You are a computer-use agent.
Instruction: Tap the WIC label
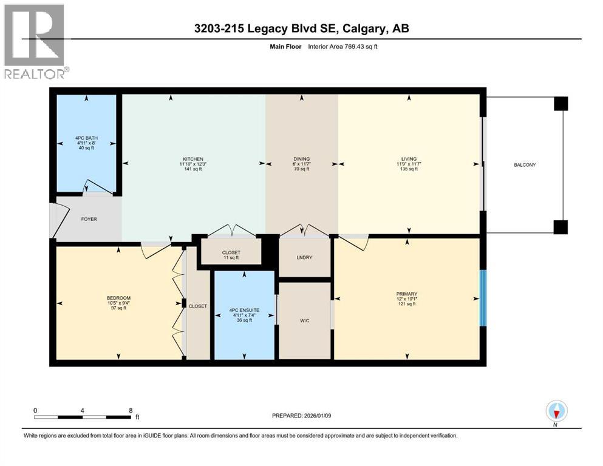(305, 320)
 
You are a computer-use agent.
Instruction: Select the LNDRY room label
(304, 257)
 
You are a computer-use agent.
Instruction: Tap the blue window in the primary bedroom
(483, 299)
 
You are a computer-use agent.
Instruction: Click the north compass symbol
(556, 411)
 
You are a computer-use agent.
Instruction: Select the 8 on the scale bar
(131, 410)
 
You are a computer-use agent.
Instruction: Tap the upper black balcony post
(560, 104)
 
